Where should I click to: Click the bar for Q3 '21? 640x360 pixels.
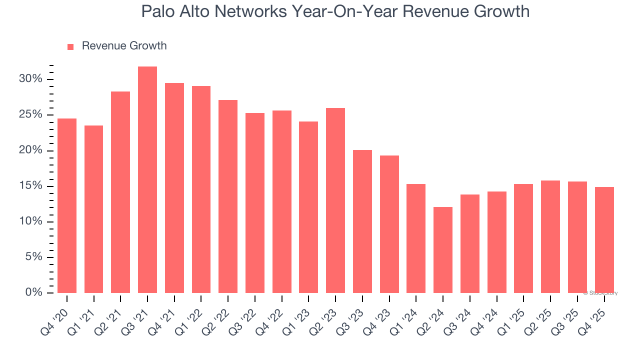[x=147, y=180]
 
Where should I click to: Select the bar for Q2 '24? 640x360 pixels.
[x=443, y=250]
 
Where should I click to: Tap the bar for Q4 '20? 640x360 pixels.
[x=67, y=205]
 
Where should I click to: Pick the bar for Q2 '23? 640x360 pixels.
[x=335, y=200]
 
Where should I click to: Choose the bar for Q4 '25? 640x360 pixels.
[x=604, y=240]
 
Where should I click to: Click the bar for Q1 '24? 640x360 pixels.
[x=416, y=238]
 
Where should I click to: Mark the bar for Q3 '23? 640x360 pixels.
[x=362, y=221]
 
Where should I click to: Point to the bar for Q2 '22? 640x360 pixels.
[x=228, y=196]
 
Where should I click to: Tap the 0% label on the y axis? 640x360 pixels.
[x=34, y=292]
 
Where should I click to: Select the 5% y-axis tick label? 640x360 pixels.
[x=34, y=257]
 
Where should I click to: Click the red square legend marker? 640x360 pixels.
[x=70, y=46]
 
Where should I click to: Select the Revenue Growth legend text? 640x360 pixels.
[x=124, y=46]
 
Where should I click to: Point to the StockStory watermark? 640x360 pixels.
[x=600, y=293]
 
